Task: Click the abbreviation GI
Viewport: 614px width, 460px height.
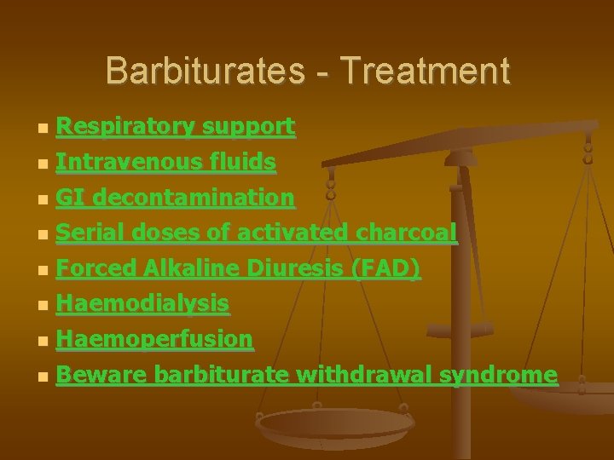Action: click(x=70, y=198)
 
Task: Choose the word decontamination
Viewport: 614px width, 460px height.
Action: click(x=194, y=198)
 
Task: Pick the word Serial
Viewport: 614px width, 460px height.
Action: click(x=84, y=233)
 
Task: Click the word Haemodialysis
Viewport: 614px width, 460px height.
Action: click(x=142, y=303)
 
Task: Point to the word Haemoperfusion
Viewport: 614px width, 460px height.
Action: click(x=154, y=339)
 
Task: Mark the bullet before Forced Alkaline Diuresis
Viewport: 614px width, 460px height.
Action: click(x=43, y=271)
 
